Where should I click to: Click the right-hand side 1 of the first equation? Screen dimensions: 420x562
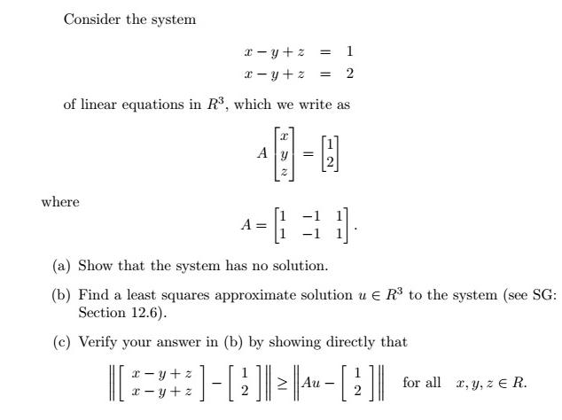[x=350, y=51]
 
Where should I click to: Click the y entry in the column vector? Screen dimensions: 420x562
[x=284, y=152]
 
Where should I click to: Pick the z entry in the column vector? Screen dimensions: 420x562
[x=284, y=169]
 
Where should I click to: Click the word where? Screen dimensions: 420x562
[x=60, y=202]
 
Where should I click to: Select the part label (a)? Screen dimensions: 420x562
[x=62, y=266]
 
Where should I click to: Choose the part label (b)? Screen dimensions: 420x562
[x=62, y=294]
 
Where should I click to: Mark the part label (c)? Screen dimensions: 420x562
[x=62, y=341]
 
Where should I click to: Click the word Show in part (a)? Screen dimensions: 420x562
[x=95, y=266]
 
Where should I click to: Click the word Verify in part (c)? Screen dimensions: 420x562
[x=98, y=341]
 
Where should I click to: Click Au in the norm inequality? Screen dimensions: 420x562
[x=309, y=383]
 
